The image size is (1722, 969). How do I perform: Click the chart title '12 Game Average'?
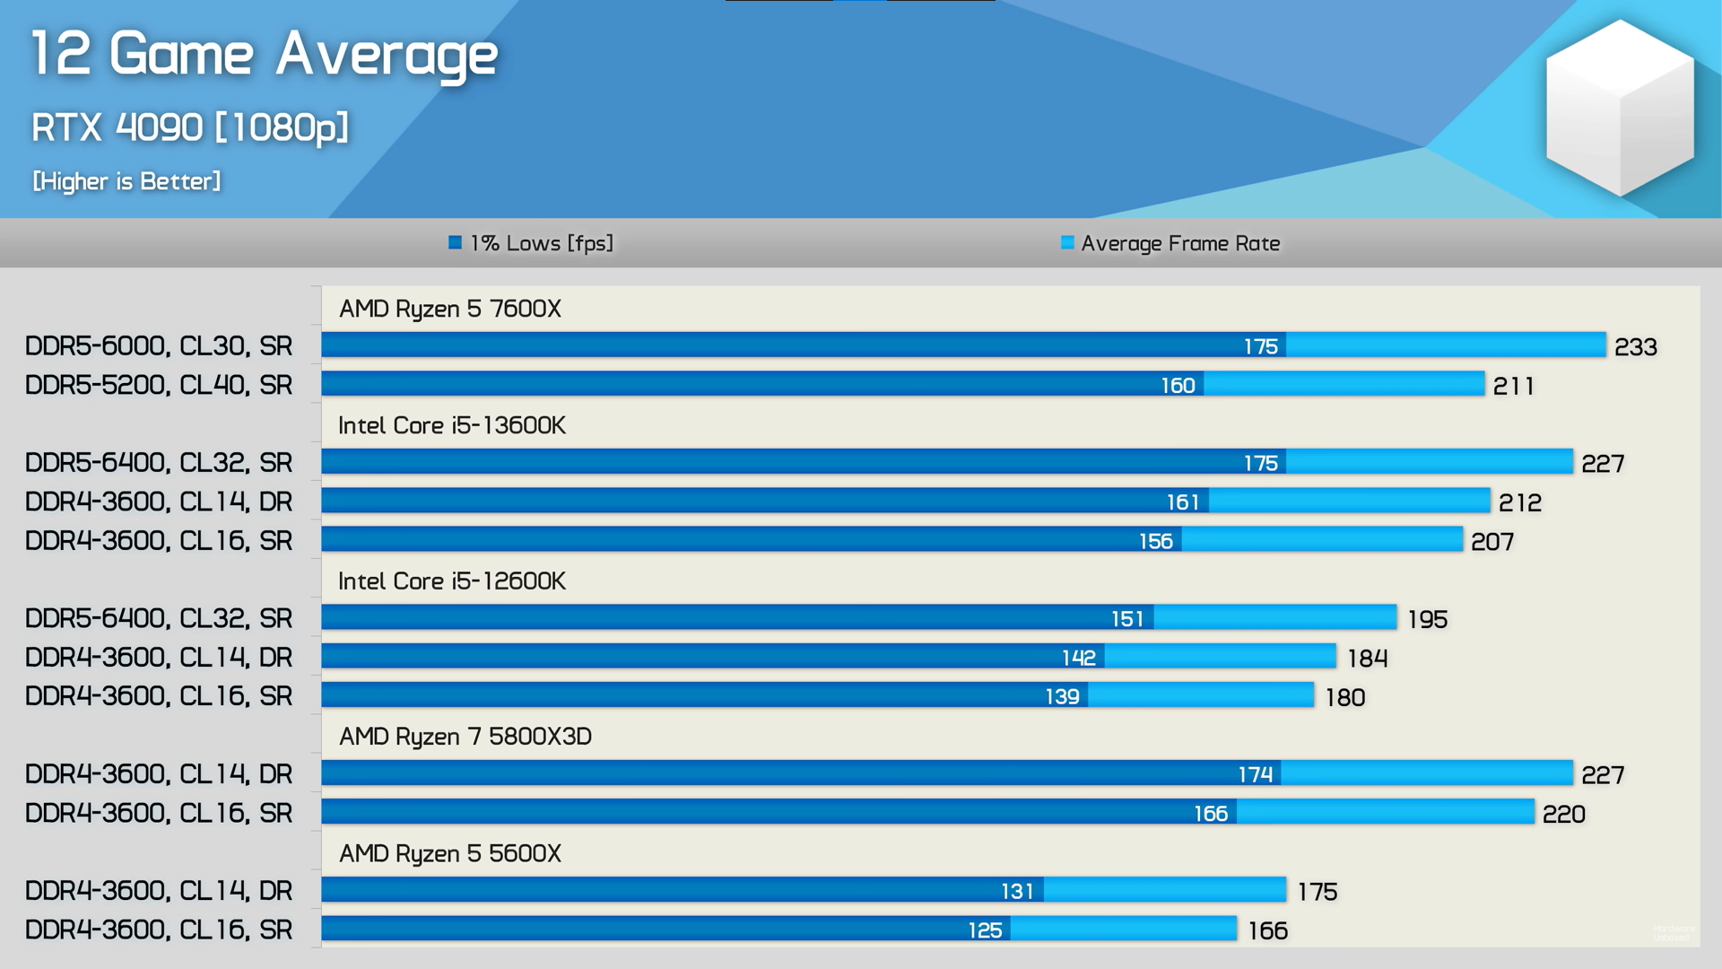point(264,54)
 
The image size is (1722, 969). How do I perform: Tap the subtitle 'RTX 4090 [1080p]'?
point(189,127)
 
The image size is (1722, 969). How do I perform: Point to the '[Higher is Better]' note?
point(126,181)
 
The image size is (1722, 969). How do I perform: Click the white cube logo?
point(1620,108)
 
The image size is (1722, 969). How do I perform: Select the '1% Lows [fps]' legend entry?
point(532,243)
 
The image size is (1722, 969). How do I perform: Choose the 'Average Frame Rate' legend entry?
point(1170,243)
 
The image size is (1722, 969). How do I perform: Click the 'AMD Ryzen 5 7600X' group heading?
point(449,309)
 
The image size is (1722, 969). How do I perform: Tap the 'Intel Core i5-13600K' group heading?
point(451,425)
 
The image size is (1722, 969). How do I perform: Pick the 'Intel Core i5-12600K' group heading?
point(451,581)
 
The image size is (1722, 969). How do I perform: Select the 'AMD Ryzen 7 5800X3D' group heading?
point(465,737)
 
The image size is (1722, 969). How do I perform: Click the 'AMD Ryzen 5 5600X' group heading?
point(449,853)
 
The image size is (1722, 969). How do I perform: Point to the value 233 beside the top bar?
point(1635,347)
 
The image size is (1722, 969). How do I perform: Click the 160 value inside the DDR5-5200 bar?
point(1178,386)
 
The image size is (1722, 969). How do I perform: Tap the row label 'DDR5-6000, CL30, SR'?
point(159,346)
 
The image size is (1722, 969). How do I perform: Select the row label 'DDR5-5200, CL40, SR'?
point(159,385)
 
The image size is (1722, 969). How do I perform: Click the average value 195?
point(1427,620)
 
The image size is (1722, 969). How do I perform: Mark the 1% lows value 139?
point(1062,697)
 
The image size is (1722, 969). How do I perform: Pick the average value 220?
point(1563,815)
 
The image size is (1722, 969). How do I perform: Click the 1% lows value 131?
point(1017,892)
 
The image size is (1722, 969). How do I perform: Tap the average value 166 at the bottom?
point(1267,931)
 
